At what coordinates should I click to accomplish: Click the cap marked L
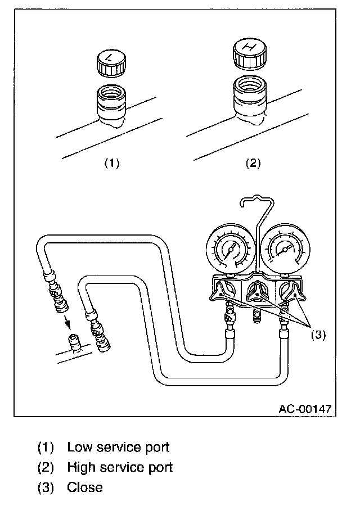(110, 64)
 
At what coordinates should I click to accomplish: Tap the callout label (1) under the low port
(111, 164)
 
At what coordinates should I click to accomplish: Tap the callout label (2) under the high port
(253, 164)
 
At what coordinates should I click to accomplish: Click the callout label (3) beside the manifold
(318, 335)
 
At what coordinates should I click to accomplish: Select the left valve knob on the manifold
(224, 291)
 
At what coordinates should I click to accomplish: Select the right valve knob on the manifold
(291, 291)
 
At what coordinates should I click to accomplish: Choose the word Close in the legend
(85, 487)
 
